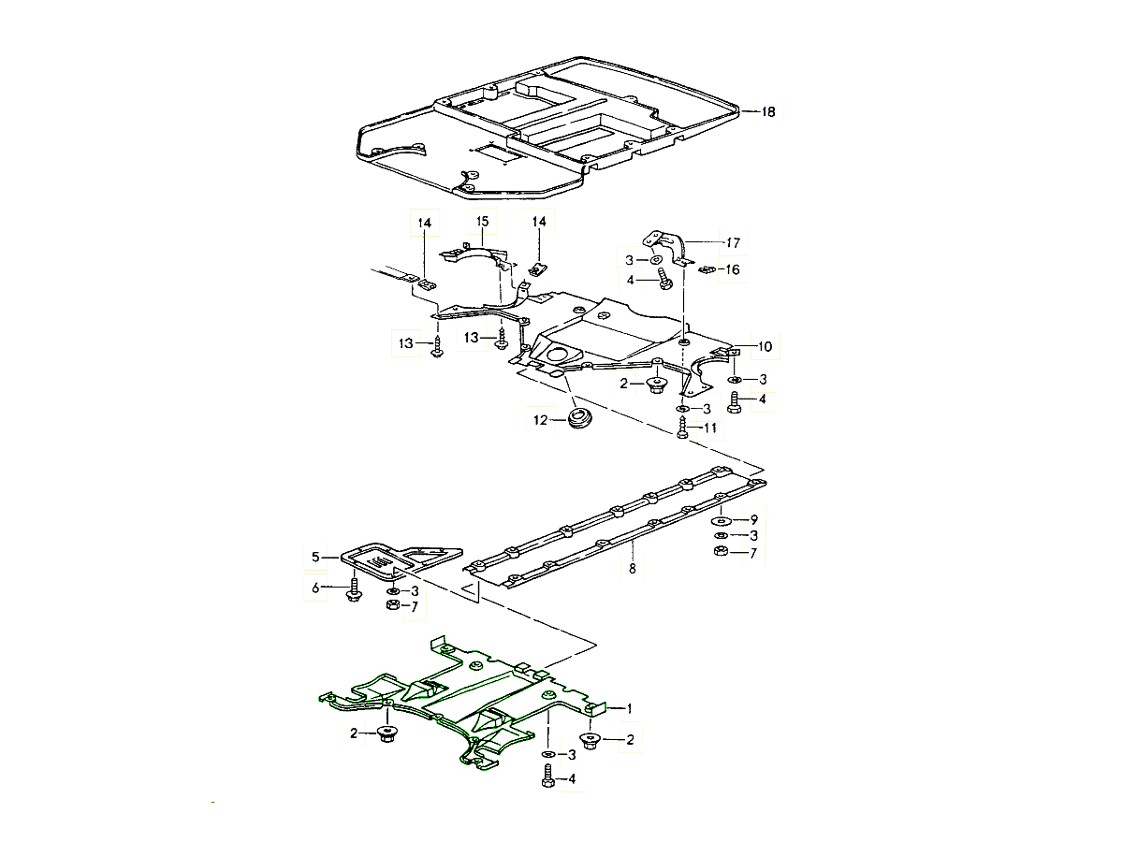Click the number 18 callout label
[767, 112]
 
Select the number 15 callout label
[482, 221]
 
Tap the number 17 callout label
[732, 243]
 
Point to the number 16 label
[732, 269]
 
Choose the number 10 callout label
[765, 346]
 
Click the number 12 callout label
[540, 421]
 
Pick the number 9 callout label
[752, 518]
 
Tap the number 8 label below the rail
[632, 568]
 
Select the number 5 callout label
[316, 558]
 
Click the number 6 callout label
[316, 588]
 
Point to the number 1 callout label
[630, 708]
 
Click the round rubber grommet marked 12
[579, 417]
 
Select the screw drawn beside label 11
[683, 428]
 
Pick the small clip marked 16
[708, 269]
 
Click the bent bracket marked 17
[670, 242]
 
